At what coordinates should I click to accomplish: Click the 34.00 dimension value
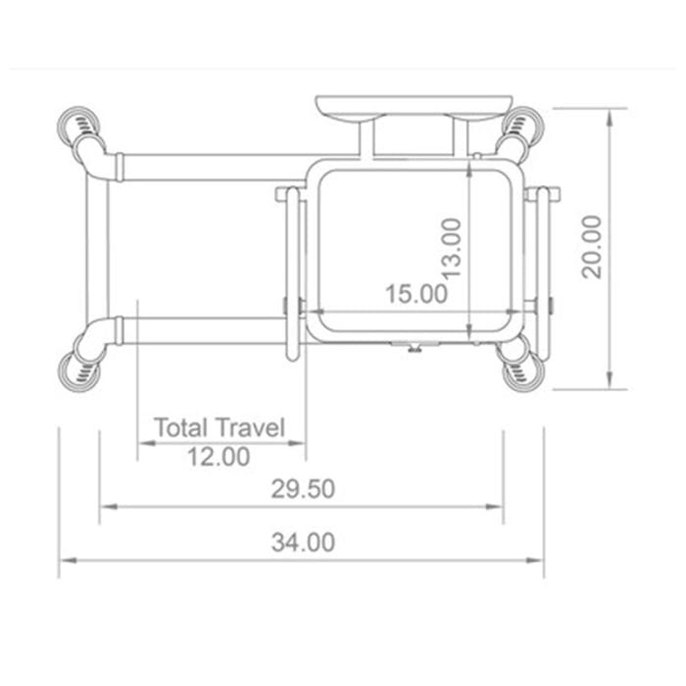click(303, 542)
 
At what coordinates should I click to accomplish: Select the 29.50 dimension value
click(303, 489)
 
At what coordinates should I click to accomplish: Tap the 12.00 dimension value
click(218, 456)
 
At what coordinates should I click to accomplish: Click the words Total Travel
click(220, 428)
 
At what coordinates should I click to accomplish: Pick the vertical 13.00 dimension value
click(450, 248)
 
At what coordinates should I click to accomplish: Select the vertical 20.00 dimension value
click(592, 248)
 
